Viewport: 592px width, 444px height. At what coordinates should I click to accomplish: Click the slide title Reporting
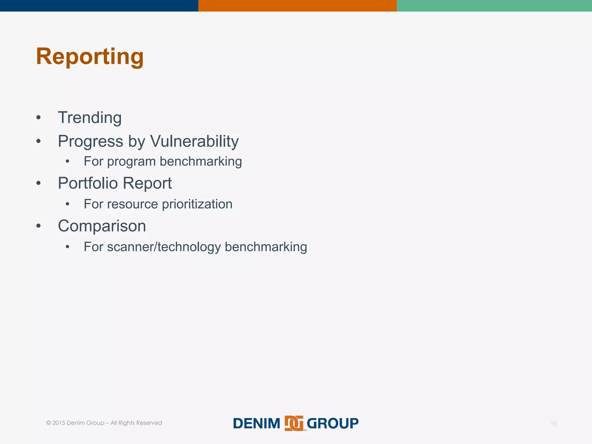90,57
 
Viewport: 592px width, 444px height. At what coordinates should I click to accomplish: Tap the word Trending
90,118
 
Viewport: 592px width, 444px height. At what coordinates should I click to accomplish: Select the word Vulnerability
194,141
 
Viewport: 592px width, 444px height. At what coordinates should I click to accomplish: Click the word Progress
90,141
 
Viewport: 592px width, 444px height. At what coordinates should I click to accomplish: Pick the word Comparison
102,226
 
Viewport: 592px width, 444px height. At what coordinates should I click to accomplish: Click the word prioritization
197,204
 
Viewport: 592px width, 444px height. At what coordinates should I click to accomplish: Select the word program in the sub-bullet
131,162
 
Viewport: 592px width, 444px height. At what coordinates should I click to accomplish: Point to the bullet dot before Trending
38,118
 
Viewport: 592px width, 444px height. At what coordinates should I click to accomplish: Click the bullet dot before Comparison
38,226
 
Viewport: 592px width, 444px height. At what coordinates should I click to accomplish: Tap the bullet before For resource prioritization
67,204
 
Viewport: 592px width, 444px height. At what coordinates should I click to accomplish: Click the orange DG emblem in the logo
294,423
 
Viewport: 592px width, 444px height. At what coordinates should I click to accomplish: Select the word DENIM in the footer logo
257,423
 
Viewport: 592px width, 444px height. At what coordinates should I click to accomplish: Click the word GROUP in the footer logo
332,423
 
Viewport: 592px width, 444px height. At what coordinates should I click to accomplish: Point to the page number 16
553,424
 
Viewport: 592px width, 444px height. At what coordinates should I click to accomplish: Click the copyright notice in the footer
104,423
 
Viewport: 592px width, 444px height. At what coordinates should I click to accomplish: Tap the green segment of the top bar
494,5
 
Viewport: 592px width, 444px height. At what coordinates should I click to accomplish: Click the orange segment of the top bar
297,5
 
